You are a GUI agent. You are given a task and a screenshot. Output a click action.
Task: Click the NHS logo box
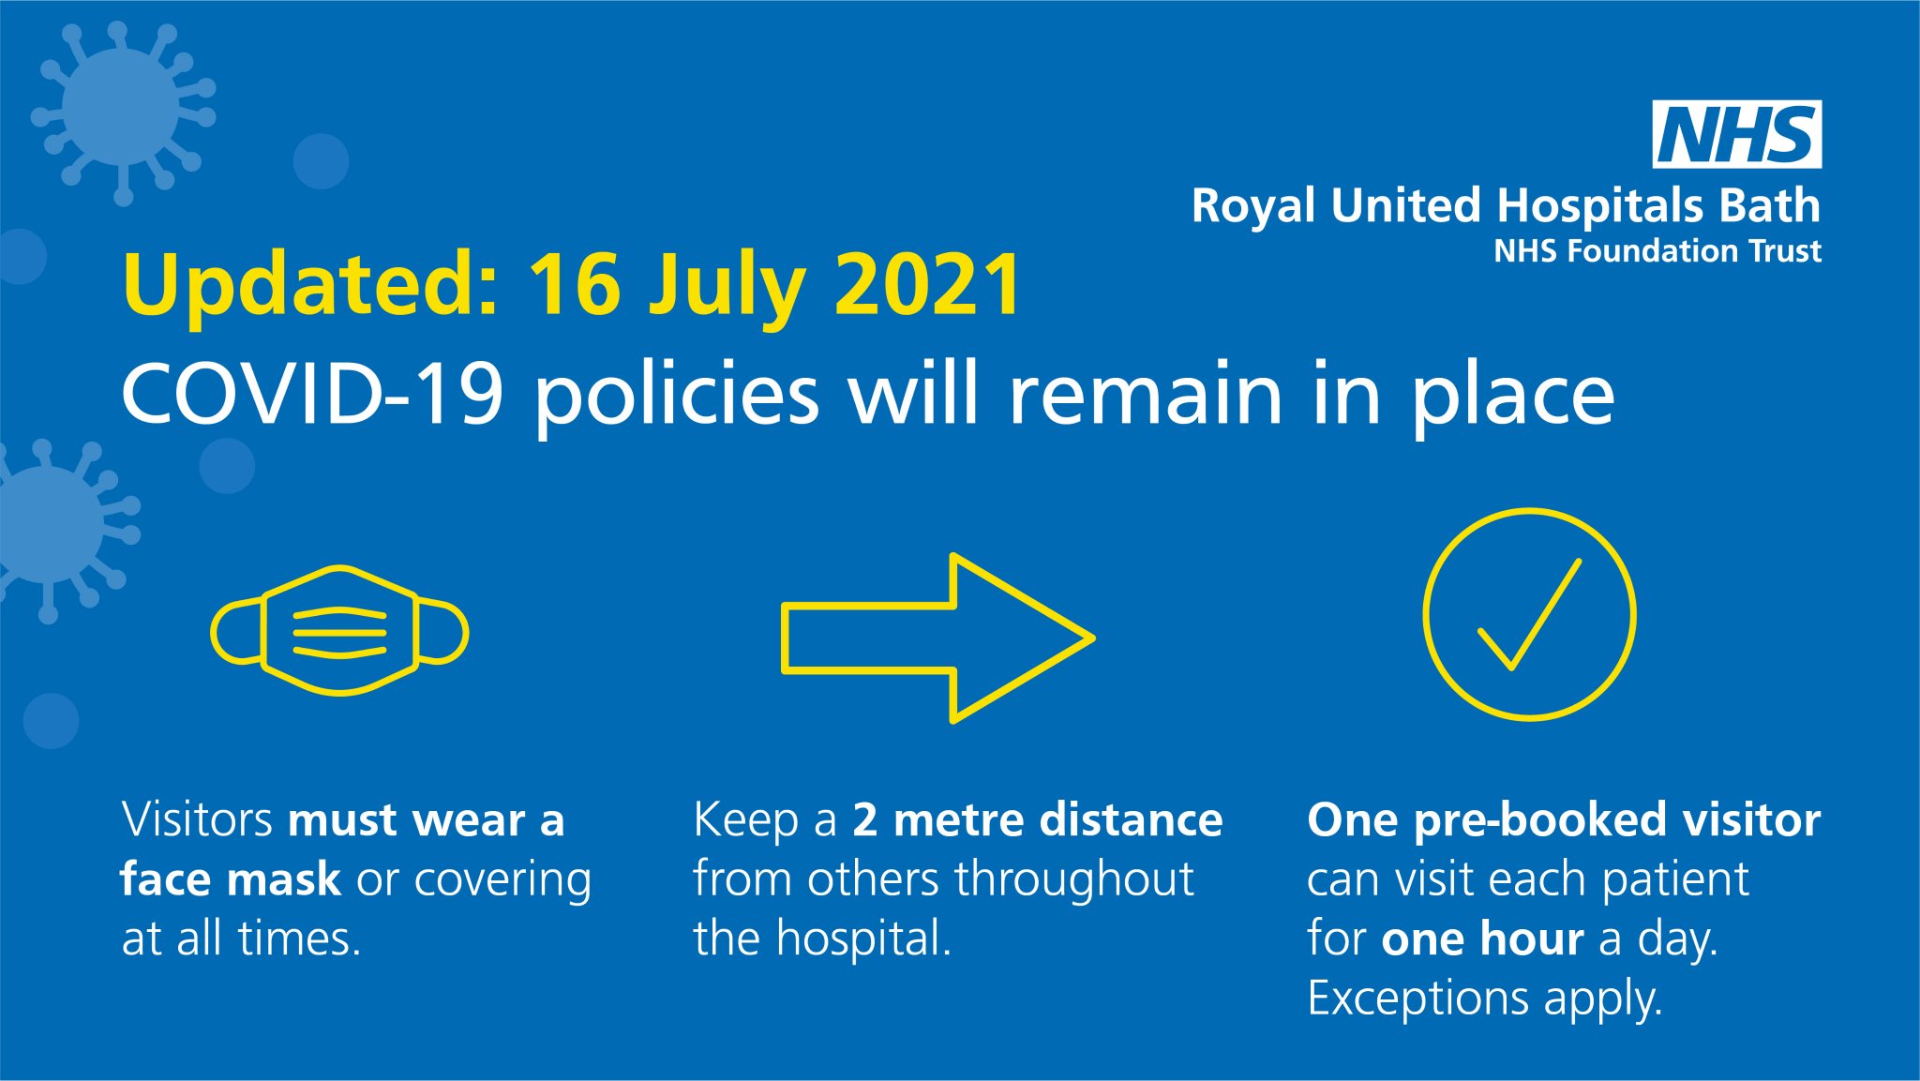(1736, 134)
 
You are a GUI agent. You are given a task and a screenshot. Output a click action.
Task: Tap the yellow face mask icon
(339, 631)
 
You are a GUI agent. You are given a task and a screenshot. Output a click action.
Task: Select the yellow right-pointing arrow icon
(937, 638)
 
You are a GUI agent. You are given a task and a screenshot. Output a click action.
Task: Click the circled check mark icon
(1529, 615)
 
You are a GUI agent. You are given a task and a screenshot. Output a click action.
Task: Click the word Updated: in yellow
(310, 286)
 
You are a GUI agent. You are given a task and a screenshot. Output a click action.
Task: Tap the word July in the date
(727, 286)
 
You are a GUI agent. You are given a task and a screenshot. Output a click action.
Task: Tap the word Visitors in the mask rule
(197, 819)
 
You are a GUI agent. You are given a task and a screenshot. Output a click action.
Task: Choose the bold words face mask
(231, 879)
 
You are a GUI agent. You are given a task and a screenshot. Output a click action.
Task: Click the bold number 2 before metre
(864, 819)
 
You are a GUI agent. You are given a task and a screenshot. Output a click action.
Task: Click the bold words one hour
(1482, 938)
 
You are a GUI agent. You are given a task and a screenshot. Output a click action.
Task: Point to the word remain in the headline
(1145, 394)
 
